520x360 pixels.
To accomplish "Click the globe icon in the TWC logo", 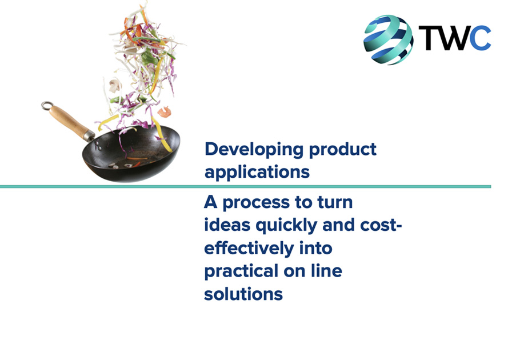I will coord(388,39).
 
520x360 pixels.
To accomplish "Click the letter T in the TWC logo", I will coord(429,38).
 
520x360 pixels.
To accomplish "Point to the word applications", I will coord(257,172).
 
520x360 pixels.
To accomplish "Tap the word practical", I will coord(241,271).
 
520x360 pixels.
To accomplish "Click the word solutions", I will coord(243,294).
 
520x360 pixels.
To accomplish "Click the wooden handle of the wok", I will coord(70,121).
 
